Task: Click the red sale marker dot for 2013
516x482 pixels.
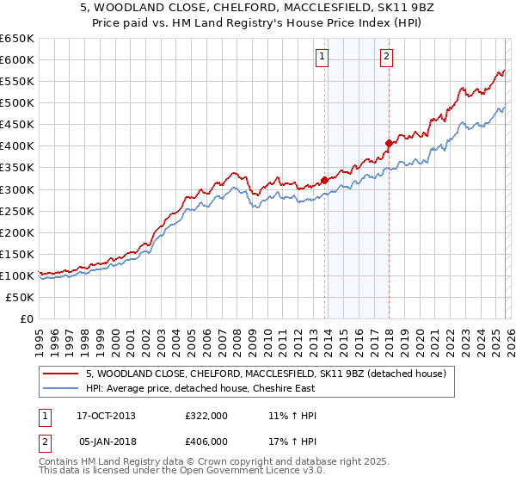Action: (x=324, y=180)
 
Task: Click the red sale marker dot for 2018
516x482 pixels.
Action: (x=389, y=143)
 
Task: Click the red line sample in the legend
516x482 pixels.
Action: (x=61, y=374)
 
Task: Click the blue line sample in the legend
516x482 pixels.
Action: (x=61, y=389)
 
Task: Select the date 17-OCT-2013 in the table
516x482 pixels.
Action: (x=106, y=416)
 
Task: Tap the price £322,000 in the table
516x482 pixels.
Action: (x=206, y=416)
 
